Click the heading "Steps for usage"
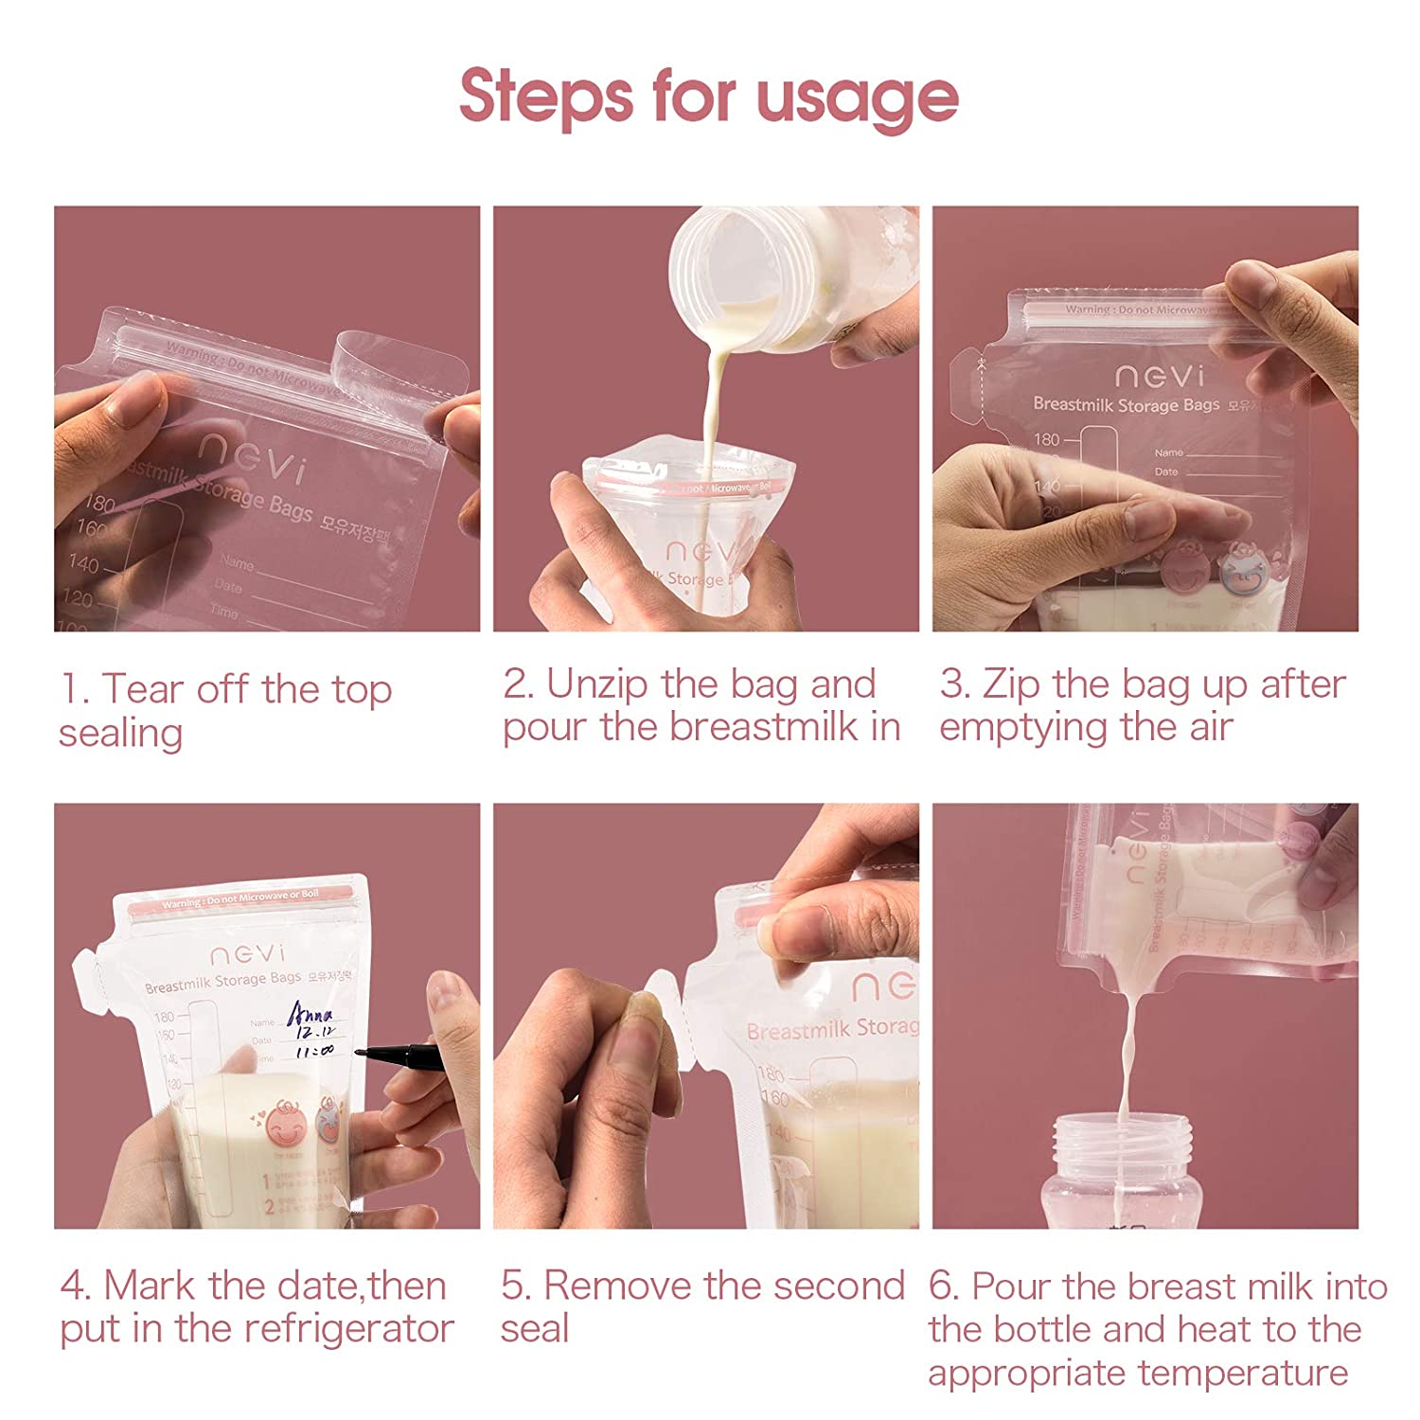pos(709,97)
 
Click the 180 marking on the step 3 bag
pos(1046,439)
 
